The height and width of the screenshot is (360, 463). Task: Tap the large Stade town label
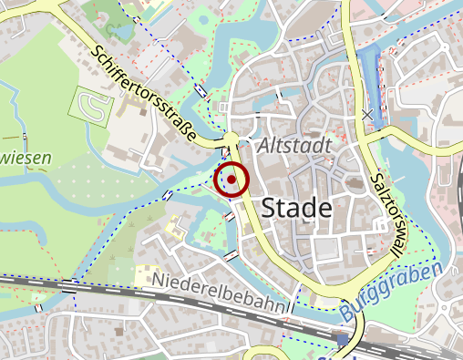296,209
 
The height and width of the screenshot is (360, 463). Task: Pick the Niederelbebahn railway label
218,292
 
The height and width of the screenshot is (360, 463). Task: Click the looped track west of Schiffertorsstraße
92,108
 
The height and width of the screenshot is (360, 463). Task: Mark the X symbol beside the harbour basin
367,115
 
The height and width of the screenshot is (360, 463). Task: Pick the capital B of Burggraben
347,313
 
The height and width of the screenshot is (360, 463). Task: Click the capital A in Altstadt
265,146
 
